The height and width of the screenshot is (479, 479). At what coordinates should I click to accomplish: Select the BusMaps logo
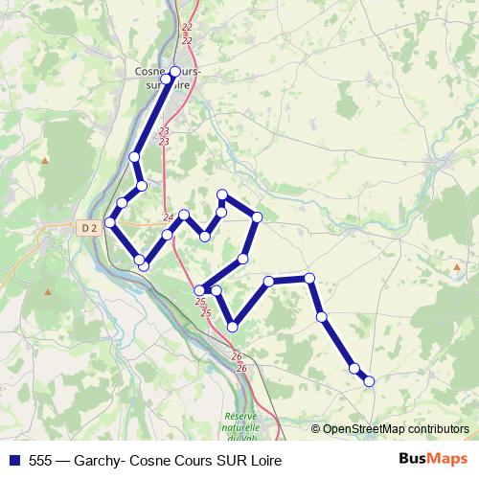[x=434, y=459]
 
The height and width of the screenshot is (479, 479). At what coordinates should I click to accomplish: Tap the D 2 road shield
[x=90, y=227]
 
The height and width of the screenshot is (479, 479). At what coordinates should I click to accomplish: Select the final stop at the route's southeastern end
[x=369, y=381]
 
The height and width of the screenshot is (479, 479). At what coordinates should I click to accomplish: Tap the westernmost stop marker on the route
[x=109, y=222]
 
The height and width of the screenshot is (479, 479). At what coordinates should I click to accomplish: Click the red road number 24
[x=169, y=217]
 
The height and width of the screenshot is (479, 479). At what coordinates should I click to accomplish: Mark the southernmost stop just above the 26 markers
[x=232, y=328]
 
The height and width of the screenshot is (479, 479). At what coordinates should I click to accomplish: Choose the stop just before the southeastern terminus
[x=354, y=368]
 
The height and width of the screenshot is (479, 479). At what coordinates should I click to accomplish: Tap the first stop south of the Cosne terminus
[x=134, y=156]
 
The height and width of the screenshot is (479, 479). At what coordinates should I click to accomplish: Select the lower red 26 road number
[x=240, y=368]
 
